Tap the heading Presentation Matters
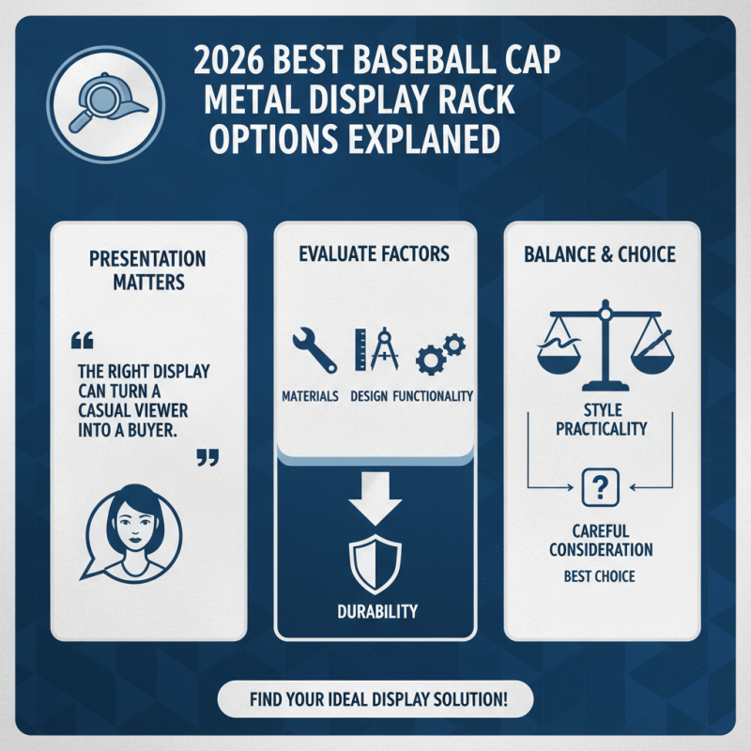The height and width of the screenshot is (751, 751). (x=148, y=270)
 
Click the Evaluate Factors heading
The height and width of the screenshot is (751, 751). (x=375, y=253)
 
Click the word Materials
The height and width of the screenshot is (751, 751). (x=310, y=397)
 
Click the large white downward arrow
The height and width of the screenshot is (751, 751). (x=375, y=498)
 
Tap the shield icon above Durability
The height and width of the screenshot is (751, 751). (x=375, y=562)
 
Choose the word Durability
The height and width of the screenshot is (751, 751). (x=375, y=611)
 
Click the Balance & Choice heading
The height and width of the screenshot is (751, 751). (x=601, y=253)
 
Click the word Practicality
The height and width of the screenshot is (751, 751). (x=601, y=429)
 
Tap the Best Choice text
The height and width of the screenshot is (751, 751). (x=601, y=575)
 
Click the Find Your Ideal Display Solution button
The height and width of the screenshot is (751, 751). (x=375, y=700)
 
